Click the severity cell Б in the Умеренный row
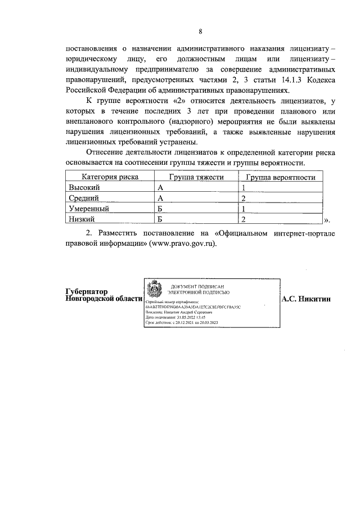(x=160, y=209)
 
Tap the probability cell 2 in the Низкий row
(x=244, y=219)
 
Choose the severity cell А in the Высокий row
(x=160, y=187)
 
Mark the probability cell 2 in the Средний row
(x=244, y=198)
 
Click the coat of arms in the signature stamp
(x=153, y=291)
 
